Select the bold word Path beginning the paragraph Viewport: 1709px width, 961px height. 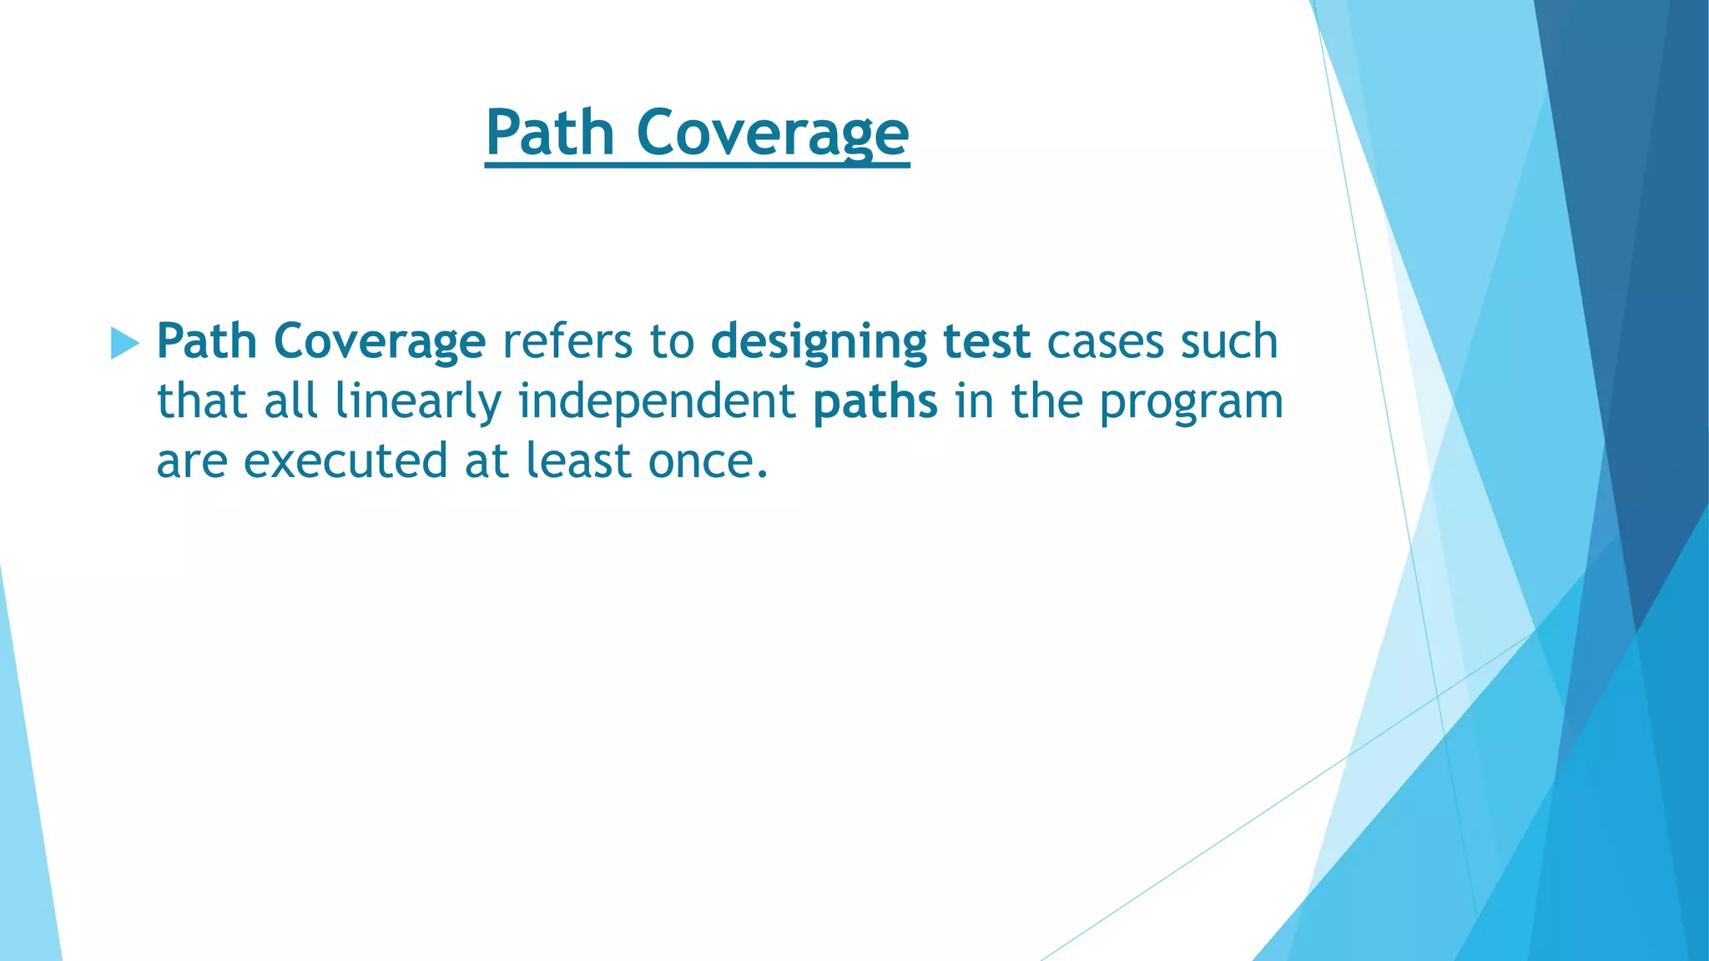(x=206, y=341)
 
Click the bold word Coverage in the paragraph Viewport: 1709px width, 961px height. (x=380, y=341)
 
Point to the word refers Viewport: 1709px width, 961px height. (x=567, y=341)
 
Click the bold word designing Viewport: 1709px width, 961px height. (x=819, y=341)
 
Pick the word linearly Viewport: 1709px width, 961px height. (x=418, y=401)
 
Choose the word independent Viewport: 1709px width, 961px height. (x=658, y=401)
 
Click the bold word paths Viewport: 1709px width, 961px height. (x=875, y=401)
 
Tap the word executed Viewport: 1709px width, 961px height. (x=345, y=460)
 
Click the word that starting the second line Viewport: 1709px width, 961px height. (x=203, y=401)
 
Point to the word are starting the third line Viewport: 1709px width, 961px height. (x=192, y=461)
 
